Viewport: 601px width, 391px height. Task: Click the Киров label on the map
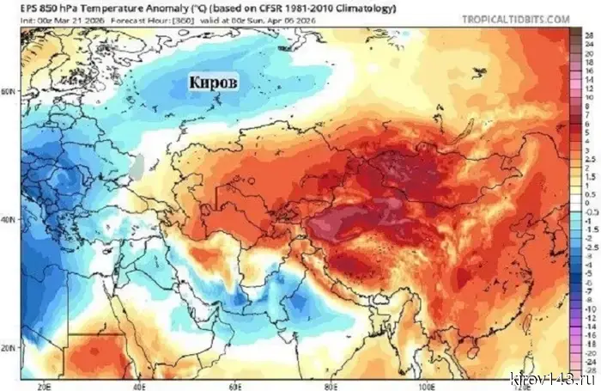point(212,82)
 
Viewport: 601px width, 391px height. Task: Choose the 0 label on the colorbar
point(590,201)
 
